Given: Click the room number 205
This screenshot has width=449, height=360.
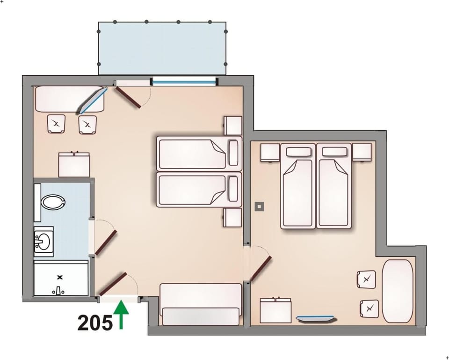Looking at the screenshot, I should click(95, 323).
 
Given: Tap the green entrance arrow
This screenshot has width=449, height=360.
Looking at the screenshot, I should click(122, 315).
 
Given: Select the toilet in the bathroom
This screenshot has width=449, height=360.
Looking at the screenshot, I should click(53, 202).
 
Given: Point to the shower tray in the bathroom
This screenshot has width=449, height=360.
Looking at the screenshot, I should click(61, 279).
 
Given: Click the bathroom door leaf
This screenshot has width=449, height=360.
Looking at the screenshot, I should click(106, 242).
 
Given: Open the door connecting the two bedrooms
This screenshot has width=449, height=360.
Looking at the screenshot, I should click(261, 268).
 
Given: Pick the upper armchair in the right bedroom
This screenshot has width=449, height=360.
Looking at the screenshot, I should click(366, 279).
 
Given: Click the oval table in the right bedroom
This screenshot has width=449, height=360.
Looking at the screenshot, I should click(398, 290).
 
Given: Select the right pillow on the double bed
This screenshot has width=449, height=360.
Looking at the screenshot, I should click(334, 152).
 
